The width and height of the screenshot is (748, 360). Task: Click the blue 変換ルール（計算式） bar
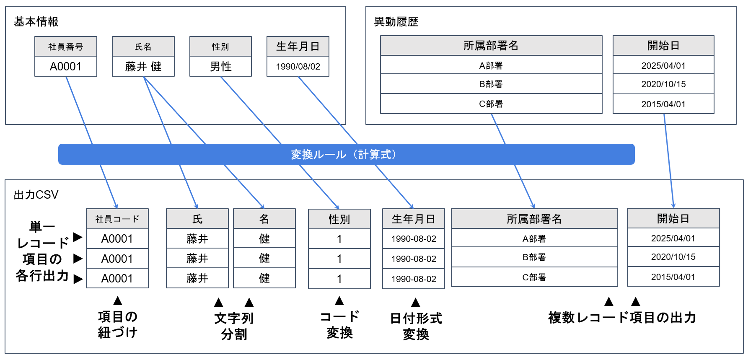346,154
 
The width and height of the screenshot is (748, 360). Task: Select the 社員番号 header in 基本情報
66,47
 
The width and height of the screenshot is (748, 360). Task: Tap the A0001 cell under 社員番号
66,67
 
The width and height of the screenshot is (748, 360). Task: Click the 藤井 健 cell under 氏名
143,67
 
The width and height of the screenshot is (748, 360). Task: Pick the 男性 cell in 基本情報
220,67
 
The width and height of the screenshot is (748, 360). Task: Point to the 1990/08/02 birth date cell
298,67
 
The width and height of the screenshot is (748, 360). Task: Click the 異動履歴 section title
396,22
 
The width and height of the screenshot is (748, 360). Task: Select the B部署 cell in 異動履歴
491,84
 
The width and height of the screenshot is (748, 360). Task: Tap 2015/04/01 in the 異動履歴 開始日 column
663,104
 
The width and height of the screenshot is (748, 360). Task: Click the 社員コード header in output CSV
117,219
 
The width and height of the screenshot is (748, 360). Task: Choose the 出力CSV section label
36,195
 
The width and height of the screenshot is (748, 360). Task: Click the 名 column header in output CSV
264,219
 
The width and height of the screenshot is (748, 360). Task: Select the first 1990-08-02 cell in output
414,239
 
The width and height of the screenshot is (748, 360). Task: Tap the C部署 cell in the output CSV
534,277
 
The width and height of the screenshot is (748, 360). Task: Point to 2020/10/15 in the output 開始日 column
673,257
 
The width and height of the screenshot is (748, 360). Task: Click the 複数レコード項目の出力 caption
622,318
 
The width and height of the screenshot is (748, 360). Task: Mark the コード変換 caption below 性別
339,325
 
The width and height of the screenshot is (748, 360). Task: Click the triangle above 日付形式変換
416,303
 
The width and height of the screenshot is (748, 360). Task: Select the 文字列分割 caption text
234,326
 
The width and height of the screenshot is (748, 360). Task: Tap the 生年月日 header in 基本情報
298,47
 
